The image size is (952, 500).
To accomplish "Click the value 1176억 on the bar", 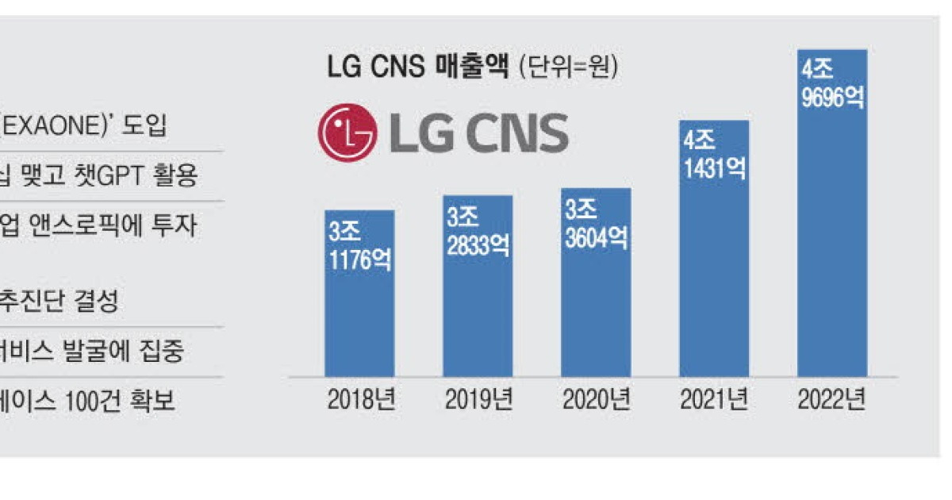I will click(x=360, y=260).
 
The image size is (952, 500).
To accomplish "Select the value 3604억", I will click(x=596, y=238).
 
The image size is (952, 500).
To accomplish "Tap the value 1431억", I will click(x=714, y=169).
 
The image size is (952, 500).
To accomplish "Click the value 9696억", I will click(x=832, y=99).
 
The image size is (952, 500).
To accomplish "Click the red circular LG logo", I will click(x=347, y=133).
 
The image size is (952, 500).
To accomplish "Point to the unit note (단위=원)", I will click(x=568, y=67).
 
